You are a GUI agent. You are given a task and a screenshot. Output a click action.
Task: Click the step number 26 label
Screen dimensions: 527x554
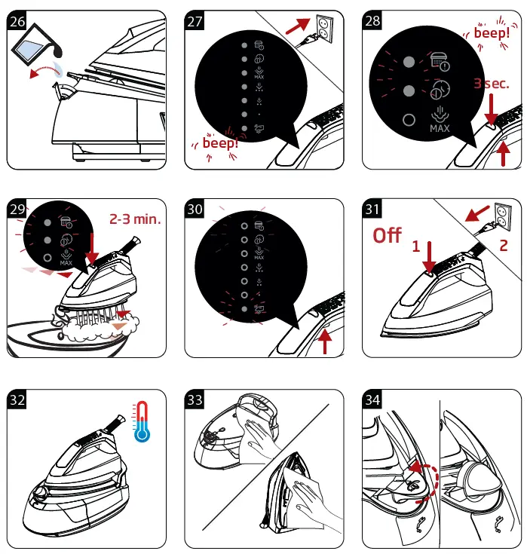pos(17,20)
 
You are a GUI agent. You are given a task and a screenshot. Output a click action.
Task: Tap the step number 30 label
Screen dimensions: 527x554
pos(195,209)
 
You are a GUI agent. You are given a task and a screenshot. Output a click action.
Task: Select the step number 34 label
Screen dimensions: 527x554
pos(372,399)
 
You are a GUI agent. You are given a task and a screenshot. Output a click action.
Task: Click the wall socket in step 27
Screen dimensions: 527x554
pos(324,29)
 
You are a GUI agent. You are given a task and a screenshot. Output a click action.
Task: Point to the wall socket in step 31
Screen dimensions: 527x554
pos(503,217)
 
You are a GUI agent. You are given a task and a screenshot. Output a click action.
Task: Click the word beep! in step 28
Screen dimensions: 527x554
pos(492,33)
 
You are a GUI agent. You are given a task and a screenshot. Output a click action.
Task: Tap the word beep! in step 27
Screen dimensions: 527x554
pos(220,143)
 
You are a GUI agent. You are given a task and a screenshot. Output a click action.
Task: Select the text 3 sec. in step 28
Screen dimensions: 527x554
pos(492,84)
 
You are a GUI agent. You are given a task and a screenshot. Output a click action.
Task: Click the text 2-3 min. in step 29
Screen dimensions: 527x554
pos(135,219)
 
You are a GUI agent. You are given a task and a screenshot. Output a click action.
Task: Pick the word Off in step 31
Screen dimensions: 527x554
pos(387,235)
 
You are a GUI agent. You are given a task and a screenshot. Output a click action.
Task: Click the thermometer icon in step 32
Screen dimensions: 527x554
pos(142,421)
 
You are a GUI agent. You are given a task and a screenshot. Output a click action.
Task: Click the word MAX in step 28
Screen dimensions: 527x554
pos(440,128)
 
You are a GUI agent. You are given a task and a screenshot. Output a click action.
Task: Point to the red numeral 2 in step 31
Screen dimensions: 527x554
pos(504,245)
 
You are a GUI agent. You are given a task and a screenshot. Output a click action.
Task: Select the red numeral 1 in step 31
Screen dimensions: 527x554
pos(416,246)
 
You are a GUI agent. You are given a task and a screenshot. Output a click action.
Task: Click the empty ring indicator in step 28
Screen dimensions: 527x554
pos(409,120)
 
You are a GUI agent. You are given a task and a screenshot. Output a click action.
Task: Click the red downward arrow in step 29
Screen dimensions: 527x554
pos(92,249)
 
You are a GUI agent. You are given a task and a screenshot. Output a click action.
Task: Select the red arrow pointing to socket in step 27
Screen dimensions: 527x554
pos(298,26)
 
